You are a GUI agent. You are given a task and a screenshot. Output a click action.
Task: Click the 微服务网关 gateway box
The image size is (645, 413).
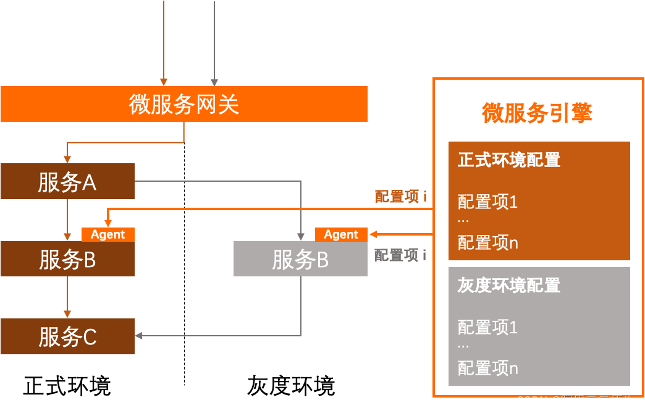point(184,104)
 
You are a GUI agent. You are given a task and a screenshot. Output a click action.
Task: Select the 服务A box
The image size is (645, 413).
point(67,182)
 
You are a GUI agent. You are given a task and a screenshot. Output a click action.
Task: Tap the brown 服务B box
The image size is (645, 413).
point(67,259)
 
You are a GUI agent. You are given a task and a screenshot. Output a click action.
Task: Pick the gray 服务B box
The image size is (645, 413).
point(300,259)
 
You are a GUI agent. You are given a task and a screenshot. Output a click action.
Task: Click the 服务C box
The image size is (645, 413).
point(67,337)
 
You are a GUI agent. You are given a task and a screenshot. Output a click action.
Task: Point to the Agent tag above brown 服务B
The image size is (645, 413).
point(107,234)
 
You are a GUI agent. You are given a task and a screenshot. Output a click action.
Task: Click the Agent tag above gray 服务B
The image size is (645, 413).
point(341,234)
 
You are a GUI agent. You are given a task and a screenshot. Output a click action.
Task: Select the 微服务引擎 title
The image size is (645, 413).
point(537,113)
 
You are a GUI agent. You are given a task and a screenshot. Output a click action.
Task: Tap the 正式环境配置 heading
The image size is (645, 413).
point(509,160)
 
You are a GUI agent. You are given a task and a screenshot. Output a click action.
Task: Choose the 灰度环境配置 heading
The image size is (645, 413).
point(509,286)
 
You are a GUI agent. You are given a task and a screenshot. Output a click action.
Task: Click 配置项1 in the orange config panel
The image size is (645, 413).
point(487,202)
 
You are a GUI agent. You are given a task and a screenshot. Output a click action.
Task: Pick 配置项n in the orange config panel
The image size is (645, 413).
point(487,243)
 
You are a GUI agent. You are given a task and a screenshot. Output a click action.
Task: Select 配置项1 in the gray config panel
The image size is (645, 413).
point(487,327)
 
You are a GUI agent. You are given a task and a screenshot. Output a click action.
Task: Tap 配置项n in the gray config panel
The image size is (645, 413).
point(487,368)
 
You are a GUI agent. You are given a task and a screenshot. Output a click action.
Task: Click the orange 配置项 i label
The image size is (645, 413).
point(400,197)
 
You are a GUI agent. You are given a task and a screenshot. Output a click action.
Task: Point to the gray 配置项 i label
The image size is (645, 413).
point(400,255)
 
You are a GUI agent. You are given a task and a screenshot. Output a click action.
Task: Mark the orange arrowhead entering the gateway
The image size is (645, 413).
point(164,82)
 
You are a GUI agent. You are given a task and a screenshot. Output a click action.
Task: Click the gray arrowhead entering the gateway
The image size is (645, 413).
point(214,82)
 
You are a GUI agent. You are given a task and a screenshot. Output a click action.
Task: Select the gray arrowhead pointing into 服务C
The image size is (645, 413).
point(139,336)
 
